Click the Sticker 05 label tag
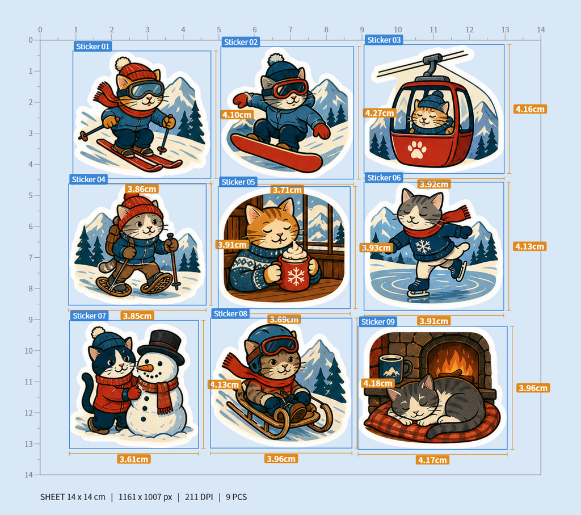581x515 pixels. coord(238,182)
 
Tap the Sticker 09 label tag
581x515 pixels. coord(378,322)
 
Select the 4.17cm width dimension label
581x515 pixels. coord(432,460)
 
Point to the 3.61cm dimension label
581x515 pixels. coord(133,459)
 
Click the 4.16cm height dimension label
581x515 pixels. coord(531,109)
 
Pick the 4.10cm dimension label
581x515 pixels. coord(237,115)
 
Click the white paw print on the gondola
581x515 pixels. coord(417,149)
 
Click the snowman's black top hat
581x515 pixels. coord(162,346)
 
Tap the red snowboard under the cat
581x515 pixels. coord(276,153)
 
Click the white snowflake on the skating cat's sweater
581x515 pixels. coord(423,246)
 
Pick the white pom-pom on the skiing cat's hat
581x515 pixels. coord(123,64)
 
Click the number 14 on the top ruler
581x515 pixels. coord(541,30)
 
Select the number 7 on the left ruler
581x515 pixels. coord(31,257)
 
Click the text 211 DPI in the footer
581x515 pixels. coord(199,497)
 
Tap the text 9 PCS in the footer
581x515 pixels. coord(237,497)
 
